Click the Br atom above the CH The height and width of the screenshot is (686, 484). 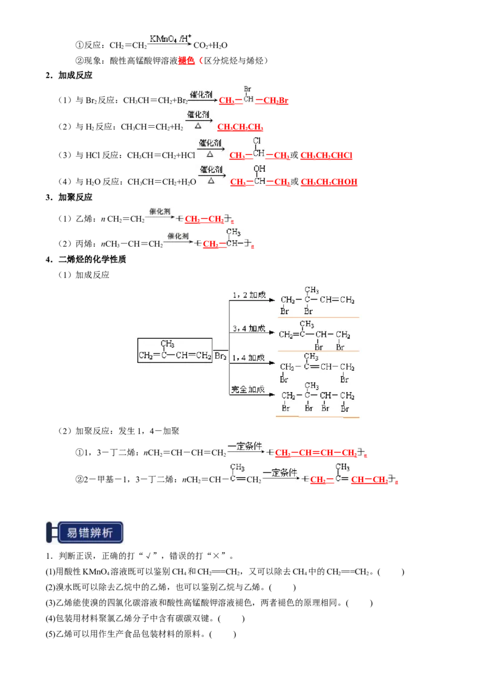point(248,88)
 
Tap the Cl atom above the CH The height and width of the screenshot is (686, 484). point(257,142)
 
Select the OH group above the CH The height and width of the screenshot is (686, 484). point(260,169)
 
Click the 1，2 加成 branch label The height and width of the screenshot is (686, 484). point(249,295)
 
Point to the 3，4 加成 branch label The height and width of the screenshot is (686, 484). point(249,328)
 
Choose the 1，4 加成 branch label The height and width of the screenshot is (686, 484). point(249,358)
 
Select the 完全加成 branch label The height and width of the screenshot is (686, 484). point(248,389)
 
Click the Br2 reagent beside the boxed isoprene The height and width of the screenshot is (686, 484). point(221,356)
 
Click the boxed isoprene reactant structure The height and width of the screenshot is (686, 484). point(175,351)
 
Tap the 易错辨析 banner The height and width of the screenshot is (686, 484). point(85,532)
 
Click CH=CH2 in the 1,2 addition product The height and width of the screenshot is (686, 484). point(337,299)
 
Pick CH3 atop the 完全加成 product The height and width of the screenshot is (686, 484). point(312,385)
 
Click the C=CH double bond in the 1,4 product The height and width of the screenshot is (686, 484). point(320,367)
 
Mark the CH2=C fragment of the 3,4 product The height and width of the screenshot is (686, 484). point(293,335)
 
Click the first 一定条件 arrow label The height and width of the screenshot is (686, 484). point(244,446)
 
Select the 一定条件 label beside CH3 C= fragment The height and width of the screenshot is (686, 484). point(277,472)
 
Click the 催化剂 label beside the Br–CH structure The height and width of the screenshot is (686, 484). point(201,95)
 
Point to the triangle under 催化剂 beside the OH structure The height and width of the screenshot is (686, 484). point(211,180)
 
